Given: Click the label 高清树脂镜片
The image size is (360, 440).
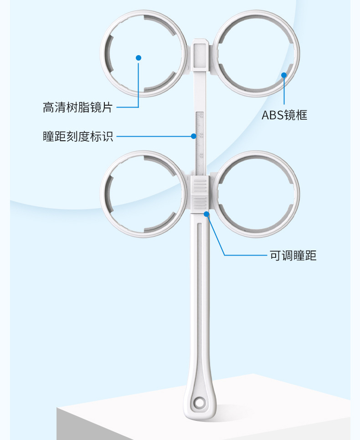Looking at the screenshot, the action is tap(77, 107).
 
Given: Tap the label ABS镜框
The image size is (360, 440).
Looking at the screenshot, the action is tap(284, 115).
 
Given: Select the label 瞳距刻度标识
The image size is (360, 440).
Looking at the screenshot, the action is tap(78, 136).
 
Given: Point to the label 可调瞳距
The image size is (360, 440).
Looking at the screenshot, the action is tap(293, 256).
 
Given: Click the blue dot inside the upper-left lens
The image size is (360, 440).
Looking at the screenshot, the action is tap(139, 58).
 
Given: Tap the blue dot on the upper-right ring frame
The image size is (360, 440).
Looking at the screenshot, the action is tap(284, 75).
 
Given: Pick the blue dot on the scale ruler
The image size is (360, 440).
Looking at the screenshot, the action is tap(194, 136).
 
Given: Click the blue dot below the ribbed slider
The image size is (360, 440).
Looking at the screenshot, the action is tap(206, 214).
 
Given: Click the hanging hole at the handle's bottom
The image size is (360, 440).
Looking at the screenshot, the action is tap(199, 403).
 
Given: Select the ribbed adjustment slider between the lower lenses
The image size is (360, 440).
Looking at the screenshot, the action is tap(200, 194).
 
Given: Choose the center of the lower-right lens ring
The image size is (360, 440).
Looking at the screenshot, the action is tap(257, 194).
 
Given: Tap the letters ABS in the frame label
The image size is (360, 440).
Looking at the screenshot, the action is tap(272, 115).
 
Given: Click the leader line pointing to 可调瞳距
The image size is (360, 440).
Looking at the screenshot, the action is tap(246, 255).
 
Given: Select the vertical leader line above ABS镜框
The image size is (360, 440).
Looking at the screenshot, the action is tap(284, 93).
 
